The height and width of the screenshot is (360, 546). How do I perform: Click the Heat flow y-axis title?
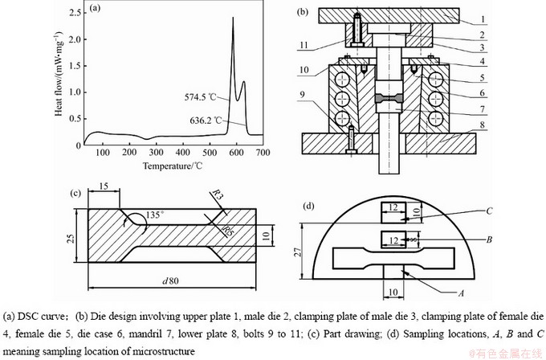click(59, 79)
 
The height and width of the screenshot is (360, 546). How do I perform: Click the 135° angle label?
click(157, 215)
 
